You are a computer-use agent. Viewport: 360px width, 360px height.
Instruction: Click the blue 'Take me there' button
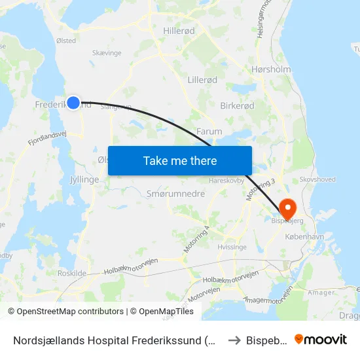180,160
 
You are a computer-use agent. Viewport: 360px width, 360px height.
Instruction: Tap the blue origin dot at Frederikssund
73,103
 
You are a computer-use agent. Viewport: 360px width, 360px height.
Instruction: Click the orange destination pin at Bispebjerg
287,208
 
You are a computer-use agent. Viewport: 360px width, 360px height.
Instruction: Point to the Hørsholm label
270,69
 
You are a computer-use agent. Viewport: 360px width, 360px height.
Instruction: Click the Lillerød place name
202,80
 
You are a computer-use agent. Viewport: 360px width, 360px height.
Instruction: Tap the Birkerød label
236,105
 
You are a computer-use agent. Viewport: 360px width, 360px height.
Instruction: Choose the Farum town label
209,132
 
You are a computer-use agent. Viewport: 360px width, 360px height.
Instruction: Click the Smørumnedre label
176,194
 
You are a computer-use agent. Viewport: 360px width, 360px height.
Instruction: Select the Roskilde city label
72,273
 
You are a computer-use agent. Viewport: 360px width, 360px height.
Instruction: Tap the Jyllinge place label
83,179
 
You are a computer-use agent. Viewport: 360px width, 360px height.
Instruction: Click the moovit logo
320,339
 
